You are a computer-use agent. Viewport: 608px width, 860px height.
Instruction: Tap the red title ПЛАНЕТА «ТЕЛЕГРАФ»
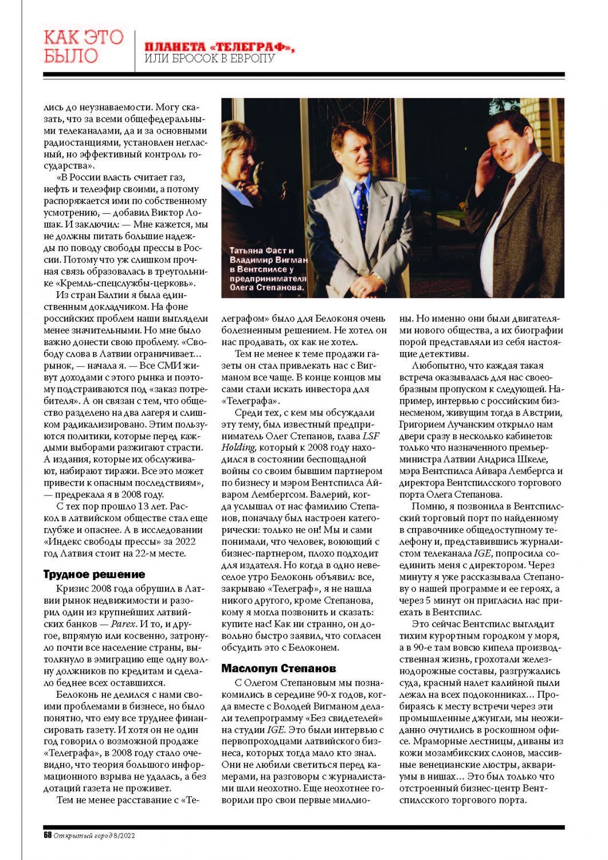[x=219, y=47]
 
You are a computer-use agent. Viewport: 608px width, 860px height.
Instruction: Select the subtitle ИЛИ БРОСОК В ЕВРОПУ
[x=210, y=59]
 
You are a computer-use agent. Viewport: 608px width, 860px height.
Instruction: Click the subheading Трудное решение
[x=94, y=574]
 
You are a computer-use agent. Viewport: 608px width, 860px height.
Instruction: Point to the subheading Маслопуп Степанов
[x=278, y=669]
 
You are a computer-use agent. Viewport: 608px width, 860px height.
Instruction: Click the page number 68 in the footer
[x=48, y=835]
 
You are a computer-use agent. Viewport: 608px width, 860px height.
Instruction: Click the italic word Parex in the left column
[x=123, y=624]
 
